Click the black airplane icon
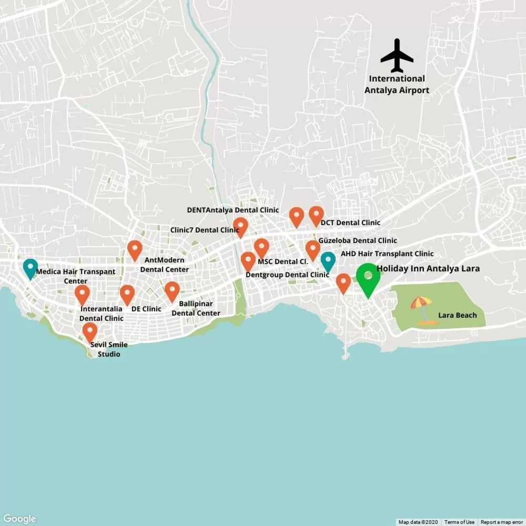(x=397, y=55)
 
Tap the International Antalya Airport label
(x=397, y=84)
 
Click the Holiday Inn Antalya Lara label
(x=428, y=268)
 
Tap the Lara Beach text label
(x=457, y=315)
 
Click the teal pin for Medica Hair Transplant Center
(x=31, y=268)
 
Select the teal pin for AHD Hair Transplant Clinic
(x=328, y=261)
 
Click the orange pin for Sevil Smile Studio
(x=90, y=332)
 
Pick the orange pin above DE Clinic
(x=127, y=294)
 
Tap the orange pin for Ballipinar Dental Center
(x=172, y=291)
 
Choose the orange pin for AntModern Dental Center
(x=135, y=249)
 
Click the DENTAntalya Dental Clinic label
(x=233, y=210)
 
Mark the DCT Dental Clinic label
(x=350, y=222)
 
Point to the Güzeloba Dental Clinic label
(x=358, y=240)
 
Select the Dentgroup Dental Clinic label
(x=287, y=275)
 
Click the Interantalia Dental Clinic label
(x=102, y=313)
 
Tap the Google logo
(x=19, y=519)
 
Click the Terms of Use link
(x=459, y=522)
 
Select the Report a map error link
(x=502, y=522)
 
